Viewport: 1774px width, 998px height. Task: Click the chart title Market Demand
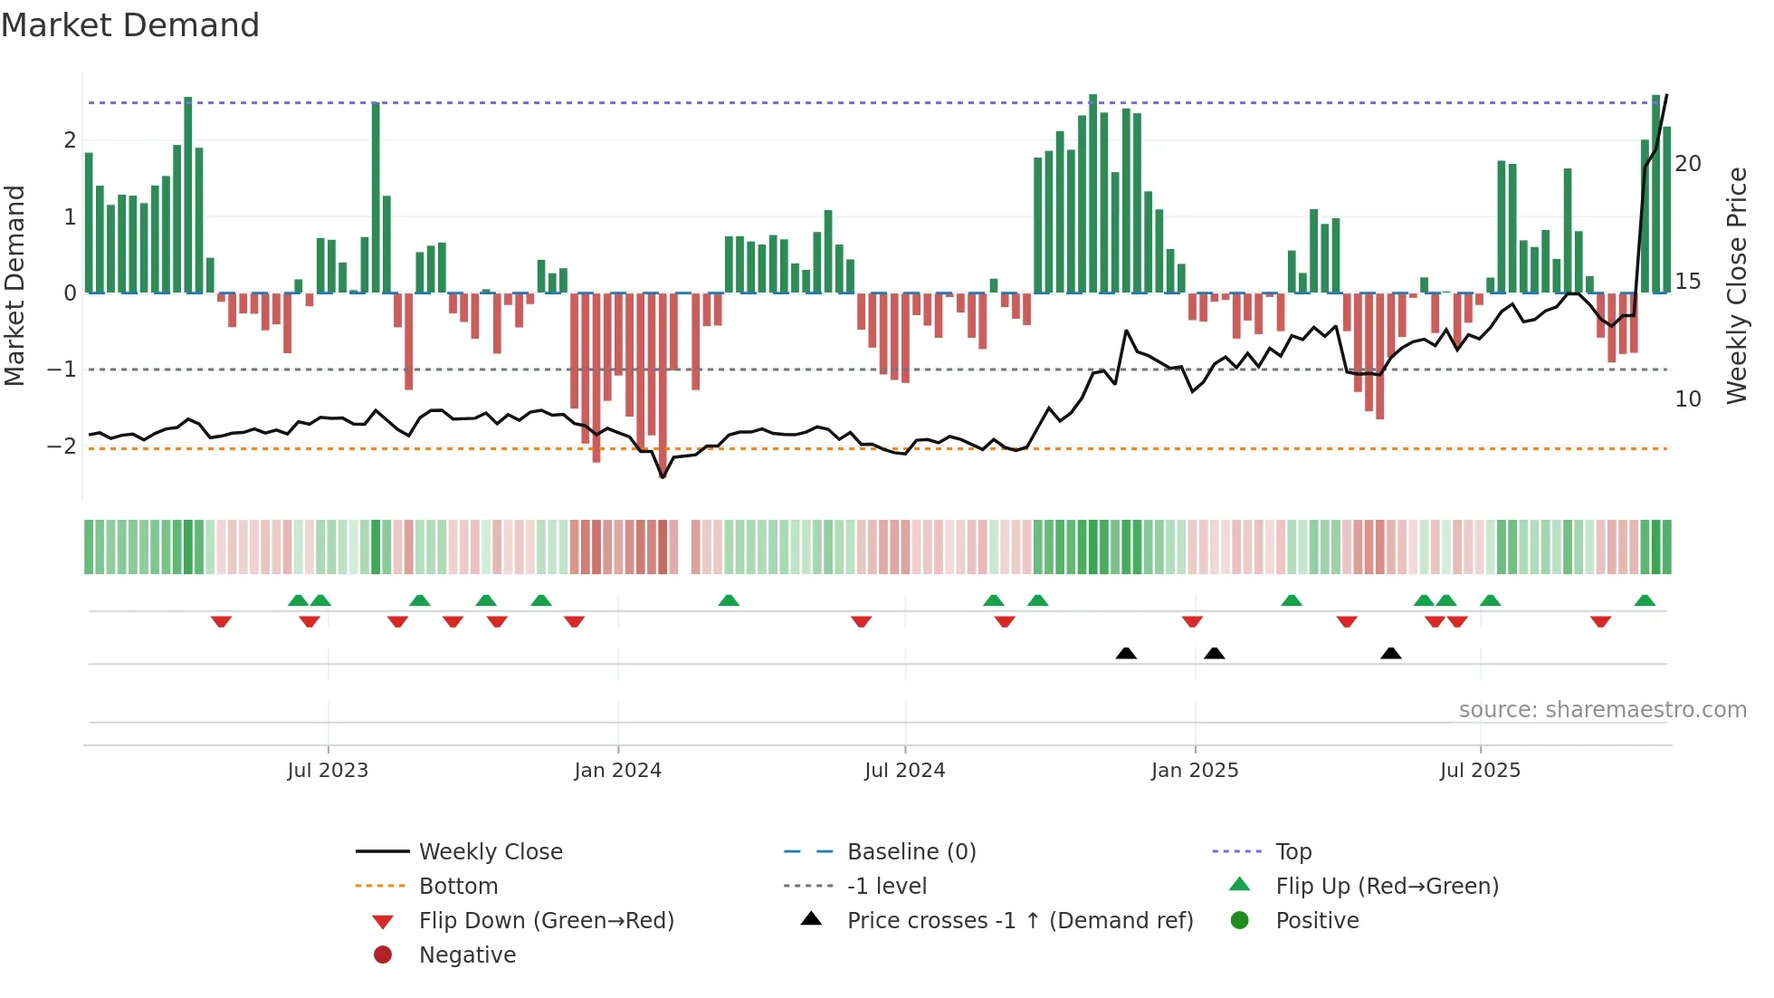(130, 25)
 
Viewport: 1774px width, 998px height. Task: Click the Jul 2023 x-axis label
(328, 771)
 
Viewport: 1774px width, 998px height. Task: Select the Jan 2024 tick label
(617, 771)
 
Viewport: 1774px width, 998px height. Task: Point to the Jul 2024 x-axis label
(904, 771)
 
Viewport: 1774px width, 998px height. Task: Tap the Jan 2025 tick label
(1194, 771)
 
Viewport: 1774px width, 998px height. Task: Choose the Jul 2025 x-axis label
(1480, 771)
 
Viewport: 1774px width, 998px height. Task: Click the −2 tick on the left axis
(62, 446)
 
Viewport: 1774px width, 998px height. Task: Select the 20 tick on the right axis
(1688, 164)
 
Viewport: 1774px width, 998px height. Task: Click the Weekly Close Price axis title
(1736, 285)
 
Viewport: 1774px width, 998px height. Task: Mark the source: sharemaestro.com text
(1602, 710)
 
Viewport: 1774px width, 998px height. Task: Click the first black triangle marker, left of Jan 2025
(1126, 653)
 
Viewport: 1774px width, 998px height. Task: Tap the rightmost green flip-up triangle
(1645, 600)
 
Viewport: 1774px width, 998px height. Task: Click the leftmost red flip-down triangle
(221, 621)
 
